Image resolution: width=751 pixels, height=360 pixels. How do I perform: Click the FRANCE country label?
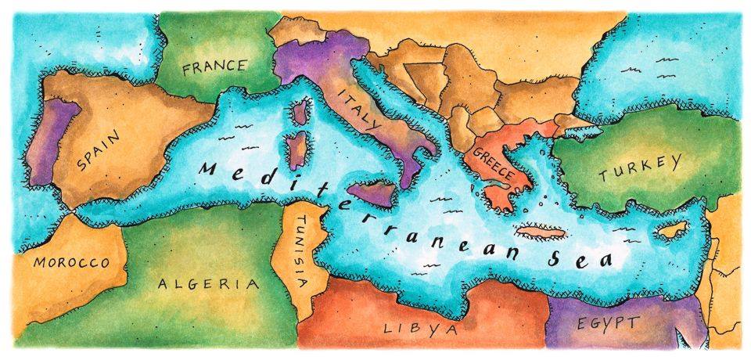coord(214,67)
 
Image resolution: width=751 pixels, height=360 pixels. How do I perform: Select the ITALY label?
coord(358,111)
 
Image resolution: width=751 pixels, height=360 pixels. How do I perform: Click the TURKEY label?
coord(639,168)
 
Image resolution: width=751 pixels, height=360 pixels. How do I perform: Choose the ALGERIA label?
coord(208,284)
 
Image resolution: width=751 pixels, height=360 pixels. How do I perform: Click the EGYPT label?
coord(609,322)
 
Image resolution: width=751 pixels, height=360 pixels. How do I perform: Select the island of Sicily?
coord(368,193)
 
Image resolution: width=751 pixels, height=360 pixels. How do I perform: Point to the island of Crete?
coord(540,232)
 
